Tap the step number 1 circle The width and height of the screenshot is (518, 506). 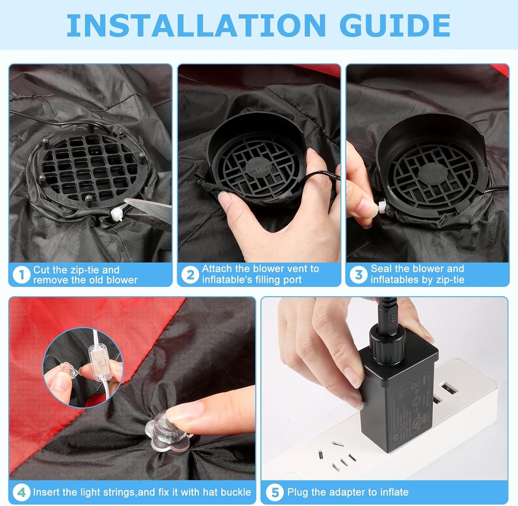(x=21, y=275)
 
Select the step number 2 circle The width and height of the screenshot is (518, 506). (x=190, y=275)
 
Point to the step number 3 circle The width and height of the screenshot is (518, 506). (x=359, y=275)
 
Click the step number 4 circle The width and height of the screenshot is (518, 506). (x=21, y=492)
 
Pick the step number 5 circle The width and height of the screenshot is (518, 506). (x=274, y=492)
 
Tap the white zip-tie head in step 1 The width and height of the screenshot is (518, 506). (x=117, y=210)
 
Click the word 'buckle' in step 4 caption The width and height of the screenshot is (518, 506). (x=236, y=492)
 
